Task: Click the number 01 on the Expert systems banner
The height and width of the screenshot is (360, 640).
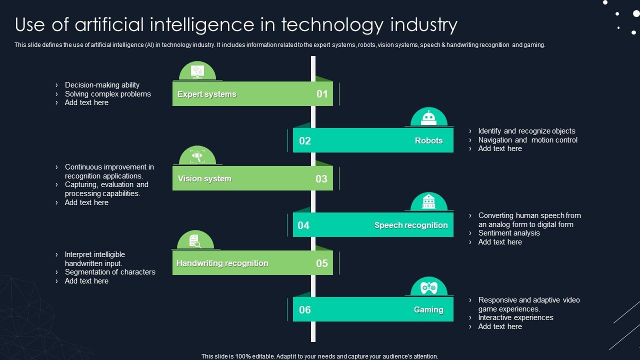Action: pos(322,94)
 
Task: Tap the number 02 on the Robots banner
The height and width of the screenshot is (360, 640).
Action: pos(305,140)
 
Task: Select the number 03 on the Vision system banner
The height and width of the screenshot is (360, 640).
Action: pos(321,179)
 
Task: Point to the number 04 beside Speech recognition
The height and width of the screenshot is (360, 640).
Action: pos(303,225)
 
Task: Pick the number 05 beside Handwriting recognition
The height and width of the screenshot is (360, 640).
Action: pos(322,263)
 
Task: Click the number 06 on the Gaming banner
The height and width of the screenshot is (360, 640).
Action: pos(305,309)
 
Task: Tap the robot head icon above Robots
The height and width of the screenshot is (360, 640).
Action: pos(428,117)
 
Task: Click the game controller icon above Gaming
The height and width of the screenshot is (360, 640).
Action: pos(428,287)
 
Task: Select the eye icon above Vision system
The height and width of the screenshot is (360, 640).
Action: pos(197,156)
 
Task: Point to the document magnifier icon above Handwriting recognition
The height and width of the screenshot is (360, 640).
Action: pos(195,241)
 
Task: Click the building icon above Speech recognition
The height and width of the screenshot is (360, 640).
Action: pos(428,202)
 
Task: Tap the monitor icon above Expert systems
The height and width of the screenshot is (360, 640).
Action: pos(197,71)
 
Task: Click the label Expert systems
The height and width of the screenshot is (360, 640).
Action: pos(206,94)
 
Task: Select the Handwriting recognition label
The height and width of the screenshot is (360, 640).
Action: pos(222,263)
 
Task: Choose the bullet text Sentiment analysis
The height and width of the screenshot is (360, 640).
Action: pos(509,233)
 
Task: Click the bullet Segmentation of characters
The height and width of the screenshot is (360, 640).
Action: pos(110,272)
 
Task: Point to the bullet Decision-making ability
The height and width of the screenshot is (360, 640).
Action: pos(102,85)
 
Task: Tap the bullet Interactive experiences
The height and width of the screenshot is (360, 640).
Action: pos(515,317)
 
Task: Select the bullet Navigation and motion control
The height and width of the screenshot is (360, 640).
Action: pos(527,140)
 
